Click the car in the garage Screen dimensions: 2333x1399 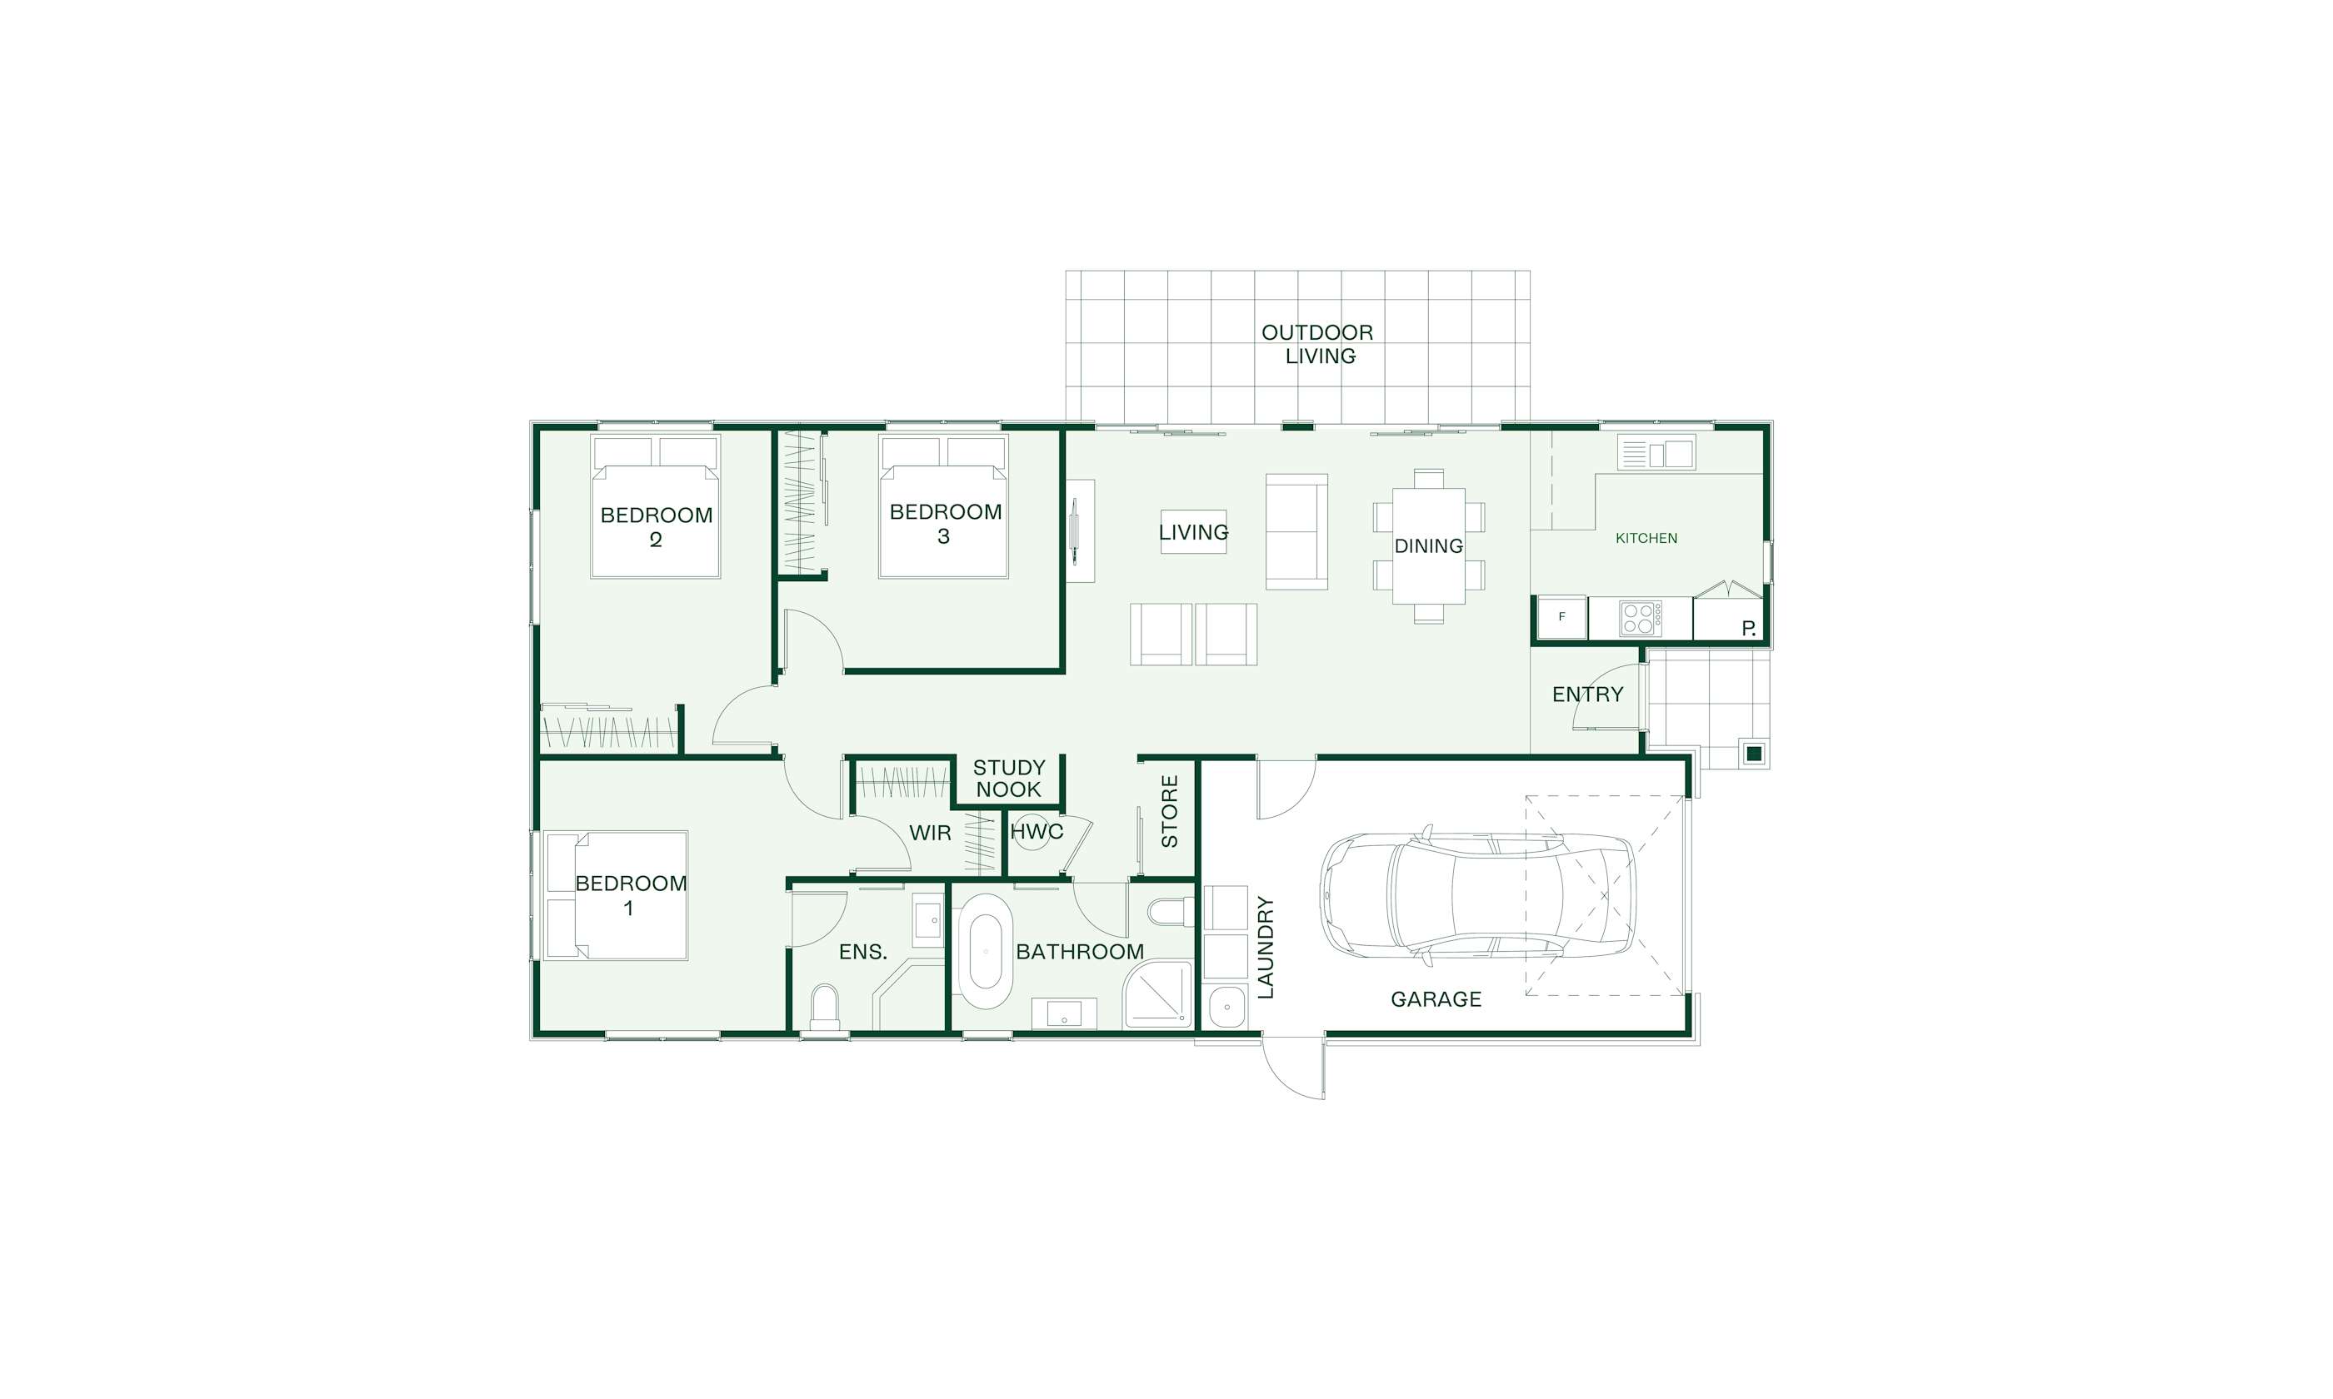(x=1477, y=900)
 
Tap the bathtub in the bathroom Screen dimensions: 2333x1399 (x=986, y=950)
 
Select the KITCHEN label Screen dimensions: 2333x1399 (x=1646, y=538)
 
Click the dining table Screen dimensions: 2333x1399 (x=1429, y=545)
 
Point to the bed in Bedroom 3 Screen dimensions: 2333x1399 (x=943, y=506)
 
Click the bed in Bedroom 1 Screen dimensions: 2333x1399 (x=616, y=895)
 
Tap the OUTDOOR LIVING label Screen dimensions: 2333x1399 (x=1318, y=344)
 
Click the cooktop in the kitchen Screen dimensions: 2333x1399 (x=1641, y=619)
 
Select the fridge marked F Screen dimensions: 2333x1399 (x=1561, y=618)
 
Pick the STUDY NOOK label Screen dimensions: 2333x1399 (x=1009, y=779)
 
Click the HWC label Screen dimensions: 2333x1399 (x=1037, y=831)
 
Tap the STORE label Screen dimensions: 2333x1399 (x=1169, y=811)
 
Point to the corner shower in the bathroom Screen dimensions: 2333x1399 (x=1157, y=994)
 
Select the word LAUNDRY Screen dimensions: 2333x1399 (x=1266, y=947)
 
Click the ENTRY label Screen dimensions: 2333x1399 (x=1588, y=695)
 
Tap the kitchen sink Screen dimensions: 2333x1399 (x=1657, y=454)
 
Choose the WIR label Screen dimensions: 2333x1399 (x=930, y=834)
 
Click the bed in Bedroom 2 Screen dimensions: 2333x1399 (x=656, y=506)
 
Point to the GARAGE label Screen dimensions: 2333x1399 (x=1436, y=999)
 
